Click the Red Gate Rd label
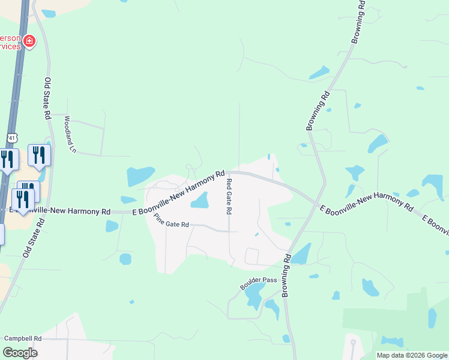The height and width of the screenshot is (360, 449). (229, 196)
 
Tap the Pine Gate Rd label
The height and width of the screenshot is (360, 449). (172, 221)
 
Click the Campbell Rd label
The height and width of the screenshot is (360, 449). (23, 338)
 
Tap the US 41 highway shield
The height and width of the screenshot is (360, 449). (11, 138)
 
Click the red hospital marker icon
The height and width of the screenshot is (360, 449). (29, 41)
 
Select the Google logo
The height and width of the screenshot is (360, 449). (20, 352)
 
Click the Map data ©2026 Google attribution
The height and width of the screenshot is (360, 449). (412, 355)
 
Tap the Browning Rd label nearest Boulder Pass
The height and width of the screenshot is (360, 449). (287, 268)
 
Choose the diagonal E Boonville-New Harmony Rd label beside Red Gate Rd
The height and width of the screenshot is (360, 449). (186, 194)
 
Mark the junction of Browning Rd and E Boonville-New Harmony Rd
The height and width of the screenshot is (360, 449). (316, 204)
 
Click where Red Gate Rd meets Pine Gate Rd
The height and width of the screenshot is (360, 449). (229, 231)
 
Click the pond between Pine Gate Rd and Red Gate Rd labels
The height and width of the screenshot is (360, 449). (200, 200)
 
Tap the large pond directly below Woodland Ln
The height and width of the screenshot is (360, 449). (140, 176)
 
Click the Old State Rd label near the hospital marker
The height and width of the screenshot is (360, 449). (47, 97)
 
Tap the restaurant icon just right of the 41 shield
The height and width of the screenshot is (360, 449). (39, 155)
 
